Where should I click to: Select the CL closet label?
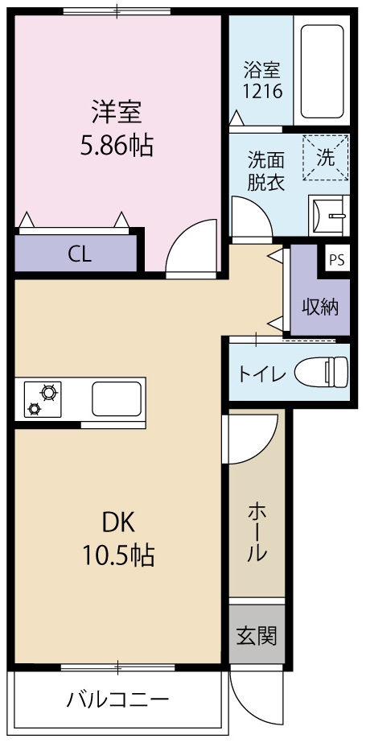[79, 254]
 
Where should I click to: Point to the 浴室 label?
[262, 68]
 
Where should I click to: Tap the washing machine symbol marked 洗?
[326, 158]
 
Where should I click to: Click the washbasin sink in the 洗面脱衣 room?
[330, 215]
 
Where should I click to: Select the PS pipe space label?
[337, 260]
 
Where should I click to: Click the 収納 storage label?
[320, 307]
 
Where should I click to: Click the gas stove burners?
[42, 399]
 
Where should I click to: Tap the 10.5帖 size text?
[117, 555]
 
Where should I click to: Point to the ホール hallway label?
[257, 530]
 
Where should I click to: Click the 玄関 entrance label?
[257, 635]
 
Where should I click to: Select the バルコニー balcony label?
[117, 698]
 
